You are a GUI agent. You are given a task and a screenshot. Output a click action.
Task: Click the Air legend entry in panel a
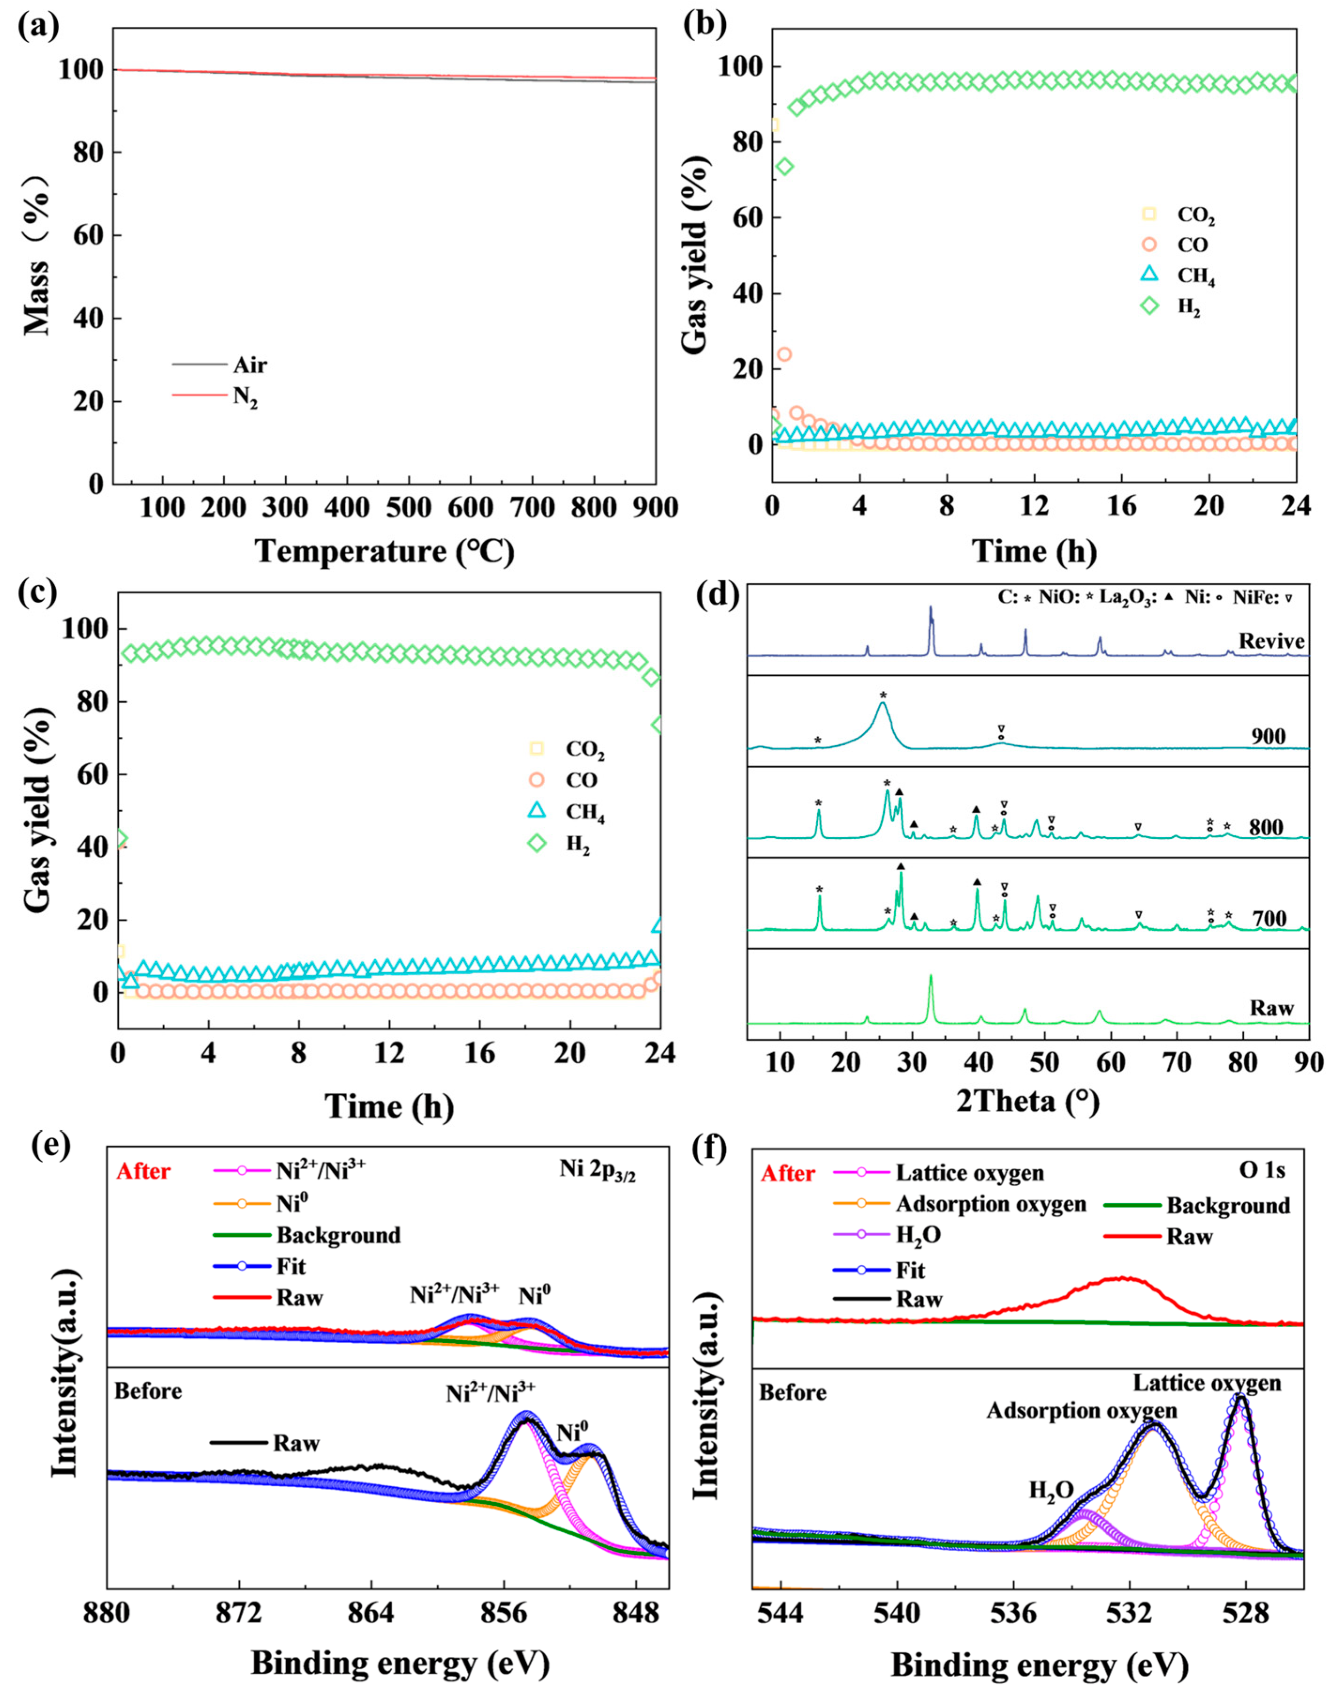pos(249,365)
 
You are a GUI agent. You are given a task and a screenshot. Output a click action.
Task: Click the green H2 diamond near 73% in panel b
pos(784,166)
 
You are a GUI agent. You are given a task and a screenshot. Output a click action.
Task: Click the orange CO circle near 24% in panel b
pos(783,354)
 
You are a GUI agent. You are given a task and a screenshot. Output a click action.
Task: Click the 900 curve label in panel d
pos(1268,736)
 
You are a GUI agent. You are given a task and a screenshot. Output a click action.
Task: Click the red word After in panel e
pos(144,1171)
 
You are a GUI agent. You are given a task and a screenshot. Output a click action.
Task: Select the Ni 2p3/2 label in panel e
pos(597,1171)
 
